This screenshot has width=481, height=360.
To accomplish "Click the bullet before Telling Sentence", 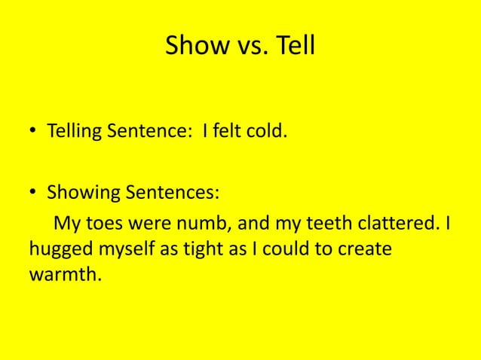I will pos(35,135).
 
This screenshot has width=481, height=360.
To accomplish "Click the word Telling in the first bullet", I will pos(75,135).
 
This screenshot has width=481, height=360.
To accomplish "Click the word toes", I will pos(94,224).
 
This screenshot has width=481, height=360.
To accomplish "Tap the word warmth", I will pos(65,274).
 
